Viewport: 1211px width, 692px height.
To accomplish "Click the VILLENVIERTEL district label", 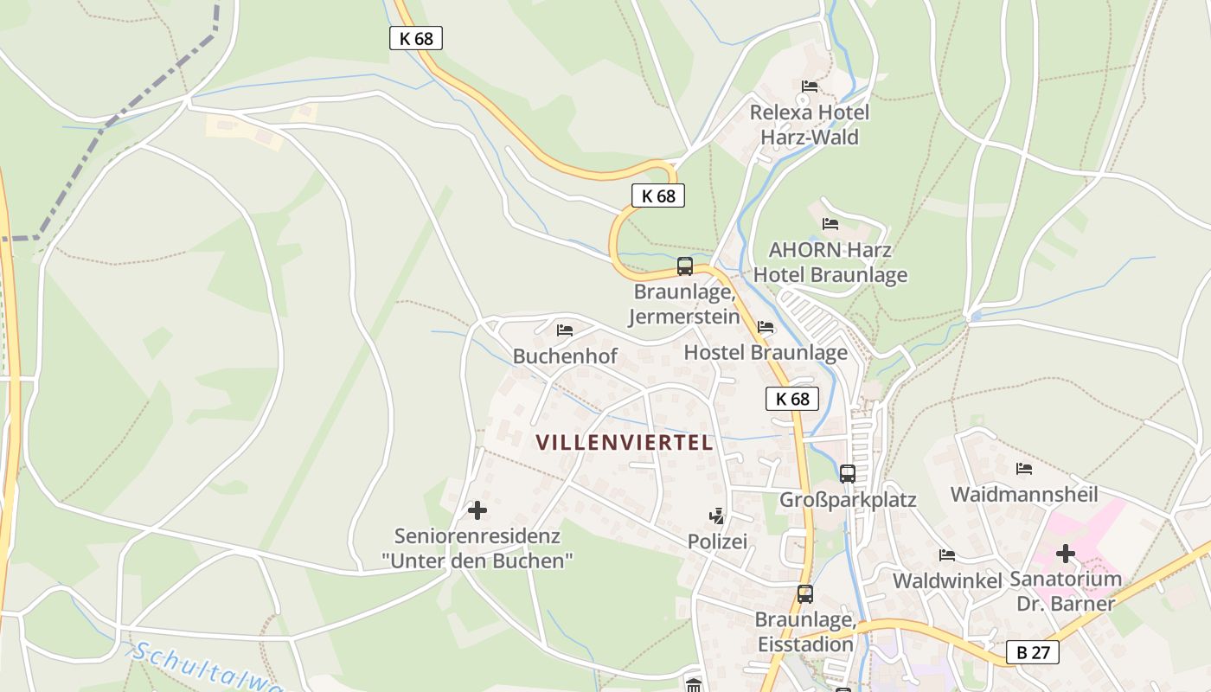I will pyautogui.click(x=624, y=442).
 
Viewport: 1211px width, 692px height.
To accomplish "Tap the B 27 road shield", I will pyautogui.click(x=1033, y=652).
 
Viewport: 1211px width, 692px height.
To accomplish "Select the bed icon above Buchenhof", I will pyautogui.click(x=565, y=330).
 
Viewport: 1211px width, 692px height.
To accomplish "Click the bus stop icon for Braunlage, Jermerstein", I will pyautogui.click(x=685, y=266).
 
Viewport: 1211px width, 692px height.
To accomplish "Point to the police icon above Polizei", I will pyautogui.click(x=716, y=516).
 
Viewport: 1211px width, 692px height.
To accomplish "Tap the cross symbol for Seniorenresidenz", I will pyautogui.click(x=477, y=510).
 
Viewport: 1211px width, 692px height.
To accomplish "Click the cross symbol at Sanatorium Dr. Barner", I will pyautogui.click(x=1066, y=554).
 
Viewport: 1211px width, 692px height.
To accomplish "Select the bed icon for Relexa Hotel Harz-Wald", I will pyautogui.click(x=810, y=86).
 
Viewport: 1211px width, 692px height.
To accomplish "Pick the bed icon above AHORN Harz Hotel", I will pyautogui.click(x=830, y=223).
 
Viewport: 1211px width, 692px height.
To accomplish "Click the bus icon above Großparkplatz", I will pyautogui.click(x=848, y=474).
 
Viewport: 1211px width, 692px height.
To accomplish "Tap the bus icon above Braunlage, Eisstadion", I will pyautogui.click(x=805, y=594).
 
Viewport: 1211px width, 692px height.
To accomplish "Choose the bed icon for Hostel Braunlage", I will pyautogui.click(x=766, y=327).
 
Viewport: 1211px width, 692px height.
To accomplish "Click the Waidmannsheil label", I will pyautogui.click(x=1024, y=495).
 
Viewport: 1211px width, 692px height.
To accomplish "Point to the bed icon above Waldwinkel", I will pyautogui.click(x=947, y=554).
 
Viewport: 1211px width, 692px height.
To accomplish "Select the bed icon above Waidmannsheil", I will pyautogui.click(x=1024, y=469).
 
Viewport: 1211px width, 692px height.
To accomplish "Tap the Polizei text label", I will pyautogui.click(x=716, y=541).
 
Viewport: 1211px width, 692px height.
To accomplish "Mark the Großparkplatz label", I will pyautogui.click(x=848, y=500).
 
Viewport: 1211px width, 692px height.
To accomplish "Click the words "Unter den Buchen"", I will pyautogui.click(x=477, y=561).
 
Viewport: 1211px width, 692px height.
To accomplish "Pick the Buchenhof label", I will pyautogui.click(x=565, y=356).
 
